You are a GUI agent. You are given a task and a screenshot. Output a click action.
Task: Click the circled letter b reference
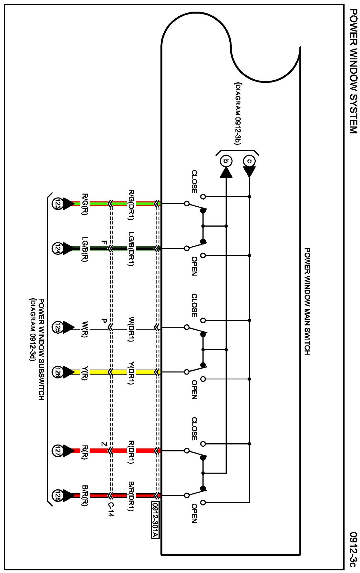point(226,161)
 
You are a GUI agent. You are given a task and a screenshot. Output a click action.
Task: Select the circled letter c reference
point(249,161)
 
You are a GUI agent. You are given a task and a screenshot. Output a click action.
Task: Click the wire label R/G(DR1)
point(131,205)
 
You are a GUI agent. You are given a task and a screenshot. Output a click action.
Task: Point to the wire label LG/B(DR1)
point(131,249)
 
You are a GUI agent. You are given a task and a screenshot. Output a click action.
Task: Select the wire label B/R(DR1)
point(131,496)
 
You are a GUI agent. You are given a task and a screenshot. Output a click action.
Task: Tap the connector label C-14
point(111,509)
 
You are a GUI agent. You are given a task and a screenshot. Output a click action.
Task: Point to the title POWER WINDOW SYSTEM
point(353,71)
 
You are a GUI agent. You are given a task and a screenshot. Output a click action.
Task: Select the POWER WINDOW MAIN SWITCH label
point(307,301)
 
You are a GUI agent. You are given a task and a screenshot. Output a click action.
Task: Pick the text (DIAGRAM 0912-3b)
point(238,113)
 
